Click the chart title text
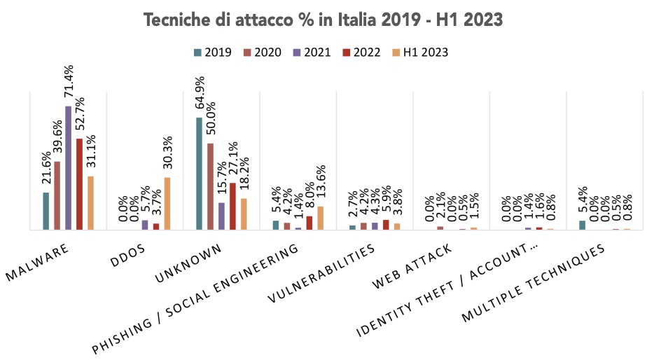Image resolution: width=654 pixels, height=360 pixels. pos(323,20)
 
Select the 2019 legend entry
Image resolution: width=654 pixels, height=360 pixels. pos(213,53)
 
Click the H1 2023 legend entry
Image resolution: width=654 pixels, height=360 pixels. pos(419,53)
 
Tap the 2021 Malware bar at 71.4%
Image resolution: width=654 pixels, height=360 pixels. pos(68,168)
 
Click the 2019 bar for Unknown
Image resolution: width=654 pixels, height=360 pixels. pos(199,173)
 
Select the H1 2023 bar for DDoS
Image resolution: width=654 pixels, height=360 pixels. pos(167,203)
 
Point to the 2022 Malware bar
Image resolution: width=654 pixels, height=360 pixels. pos(79,184)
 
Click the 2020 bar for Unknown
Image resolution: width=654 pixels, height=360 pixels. pos(210,186)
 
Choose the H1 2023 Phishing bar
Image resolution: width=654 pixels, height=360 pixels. pos(321,218)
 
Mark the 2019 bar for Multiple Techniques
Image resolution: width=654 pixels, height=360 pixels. pos(582,225)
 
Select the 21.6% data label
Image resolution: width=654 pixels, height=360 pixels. pos(46,169)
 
